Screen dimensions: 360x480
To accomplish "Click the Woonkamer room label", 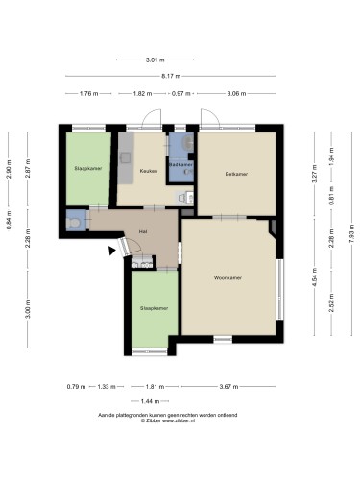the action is pyautogui.click(x=228, y=277).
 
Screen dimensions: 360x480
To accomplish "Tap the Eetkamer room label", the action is pyautogui.click(x=236, y=174).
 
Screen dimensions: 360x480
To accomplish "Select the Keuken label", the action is pyautogui.click(x=149, y=171).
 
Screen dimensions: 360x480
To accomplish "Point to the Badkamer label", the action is pyautogui.click(x=181, y=164).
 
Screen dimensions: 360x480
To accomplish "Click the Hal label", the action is pyautogui.click(x=143, y=231).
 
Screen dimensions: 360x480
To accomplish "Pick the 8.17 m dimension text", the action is pyautogui.click(x=171, y=76).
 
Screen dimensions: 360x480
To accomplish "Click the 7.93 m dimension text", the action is pyautogui.click(x=351, y=233).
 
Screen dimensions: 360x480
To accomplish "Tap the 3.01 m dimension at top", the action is pyautogui.click(x=156, y=60).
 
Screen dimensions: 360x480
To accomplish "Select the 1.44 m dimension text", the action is pyautogui.click(x=150, y=401).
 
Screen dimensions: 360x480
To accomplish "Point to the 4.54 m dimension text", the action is pyautogui.click(x=314, y=276).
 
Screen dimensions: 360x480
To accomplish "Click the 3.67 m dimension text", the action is pyautogui.click(x=228, y=386).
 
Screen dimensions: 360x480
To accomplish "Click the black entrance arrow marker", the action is pyautogui.click(x=111, y=251).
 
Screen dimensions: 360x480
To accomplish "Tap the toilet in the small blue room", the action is pyautogui.click(x=73, y=222).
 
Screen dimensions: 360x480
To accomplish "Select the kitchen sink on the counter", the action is pyautogui.click(x=126, y=157).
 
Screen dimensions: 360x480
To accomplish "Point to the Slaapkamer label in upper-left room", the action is pyautogui.click(x=88, y=168).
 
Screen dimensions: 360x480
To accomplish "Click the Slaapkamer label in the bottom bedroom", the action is pyautogui.click(x=154, y=308).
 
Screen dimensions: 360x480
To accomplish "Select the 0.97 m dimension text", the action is pyautogui.click(x=181, y=93).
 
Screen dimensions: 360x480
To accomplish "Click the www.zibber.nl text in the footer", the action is pyautogui.click(x=179, y=421).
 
